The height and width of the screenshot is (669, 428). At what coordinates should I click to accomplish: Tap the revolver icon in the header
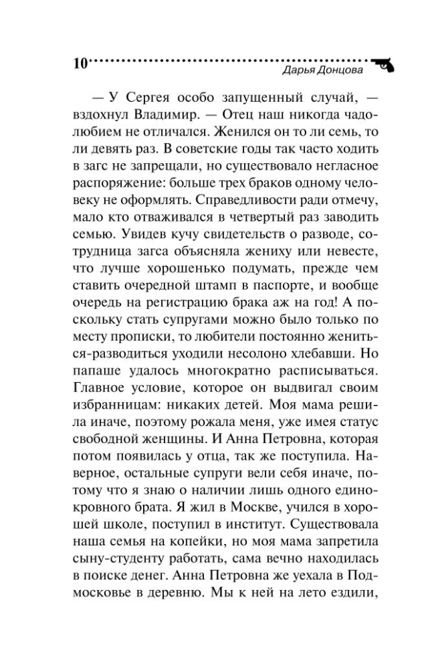click(x=383, y=62)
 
